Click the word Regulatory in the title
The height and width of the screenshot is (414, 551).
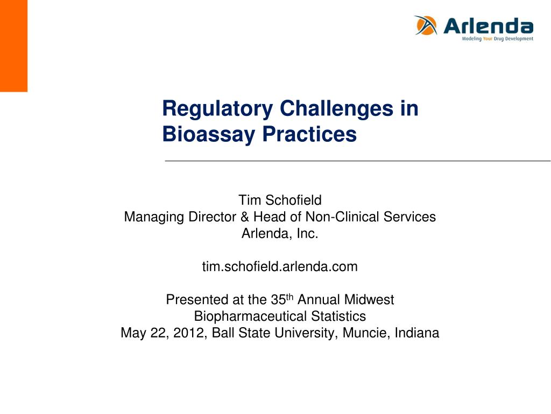tap(217, 109)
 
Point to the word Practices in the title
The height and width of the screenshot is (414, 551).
tap(309, 134)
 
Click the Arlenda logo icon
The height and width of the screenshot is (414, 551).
tap(426, 25)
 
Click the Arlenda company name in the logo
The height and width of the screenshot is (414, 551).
tap(489, 26)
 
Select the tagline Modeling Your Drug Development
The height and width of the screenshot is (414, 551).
tap(498, 39)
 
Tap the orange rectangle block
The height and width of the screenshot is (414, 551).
tap(13, 46)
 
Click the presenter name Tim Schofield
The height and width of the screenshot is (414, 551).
tap(280, 200)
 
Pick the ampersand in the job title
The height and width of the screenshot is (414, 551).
tap(245, 217)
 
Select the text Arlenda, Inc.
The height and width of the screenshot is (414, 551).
tap(280, 233)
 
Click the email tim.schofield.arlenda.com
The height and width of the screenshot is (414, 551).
tap(280, 266)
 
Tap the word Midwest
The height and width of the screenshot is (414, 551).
tap(369, 300)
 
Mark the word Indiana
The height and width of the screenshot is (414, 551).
tap(417, 333)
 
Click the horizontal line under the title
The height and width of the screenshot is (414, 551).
tap(358, 161)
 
